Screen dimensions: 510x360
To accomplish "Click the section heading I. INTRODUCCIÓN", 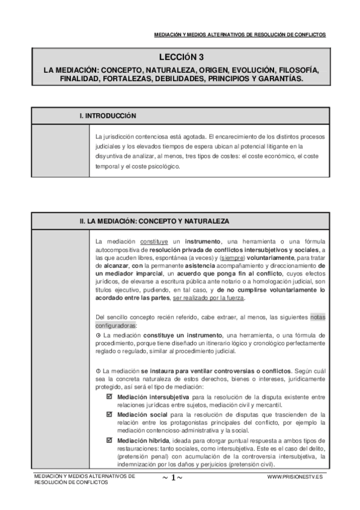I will (x=108, y=114).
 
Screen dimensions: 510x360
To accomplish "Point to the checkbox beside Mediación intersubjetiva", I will (x=109, y=398).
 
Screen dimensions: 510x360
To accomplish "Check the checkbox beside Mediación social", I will (x=109, y=414).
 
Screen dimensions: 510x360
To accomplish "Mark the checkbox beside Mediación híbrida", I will (x=109, y=440).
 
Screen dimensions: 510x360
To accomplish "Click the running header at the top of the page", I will (x=240, y=35).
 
